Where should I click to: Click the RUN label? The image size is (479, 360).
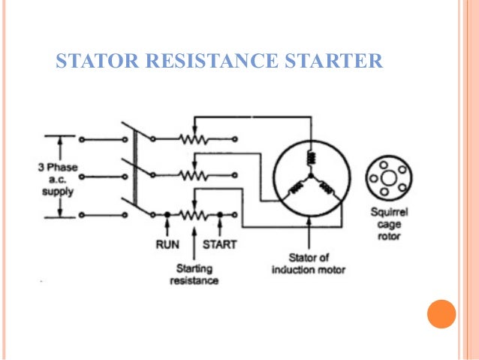tap(167, 244)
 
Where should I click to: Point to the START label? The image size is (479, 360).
tap(219, 244)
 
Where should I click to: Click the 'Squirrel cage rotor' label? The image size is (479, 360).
tap(388, 224)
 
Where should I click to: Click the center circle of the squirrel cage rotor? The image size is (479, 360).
tap(388, 178)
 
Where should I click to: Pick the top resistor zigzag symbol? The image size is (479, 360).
tap(194, 139)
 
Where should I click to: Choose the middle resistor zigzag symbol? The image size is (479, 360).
tap(194, 176)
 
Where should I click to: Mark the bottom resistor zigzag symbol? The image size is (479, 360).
tap(194, 214)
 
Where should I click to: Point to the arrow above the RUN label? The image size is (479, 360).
tap(167, 225)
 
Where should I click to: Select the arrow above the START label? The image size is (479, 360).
tap(219, 225)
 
